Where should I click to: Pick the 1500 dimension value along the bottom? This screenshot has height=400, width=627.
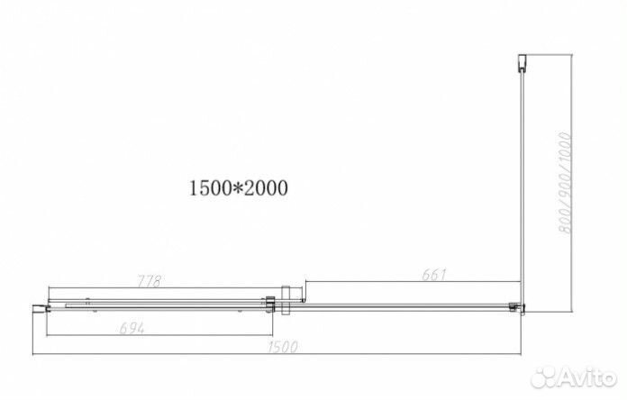pyautogui.click(x=281, y=346)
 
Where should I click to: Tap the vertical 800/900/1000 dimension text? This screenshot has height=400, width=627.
pyautogui.click(x=565, y=180)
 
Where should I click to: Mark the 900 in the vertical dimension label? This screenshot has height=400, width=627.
pyautogui.click(x=565, y=181)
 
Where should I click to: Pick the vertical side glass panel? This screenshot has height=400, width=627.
pyautogui.click(x=520, y=180)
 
